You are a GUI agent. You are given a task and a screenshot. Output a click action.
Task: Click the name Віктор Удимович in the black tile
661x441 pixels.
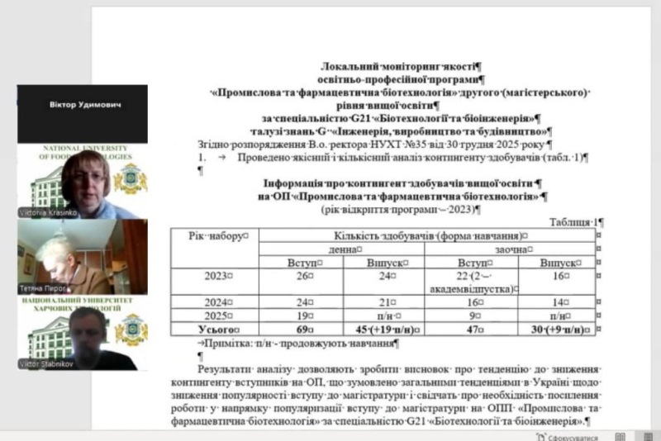pos(82,107)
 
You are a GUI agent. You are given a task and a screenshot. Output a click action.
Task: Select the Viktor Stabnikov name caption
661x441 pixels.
pos(46,364)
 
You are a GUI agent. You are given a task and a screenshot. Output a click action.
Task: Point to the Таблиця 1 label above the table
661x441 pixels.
pos(576,222)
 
